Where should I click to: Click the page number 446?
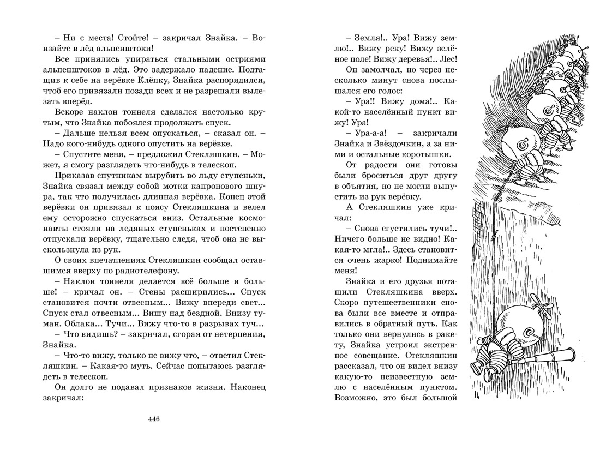click(153, 419)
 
